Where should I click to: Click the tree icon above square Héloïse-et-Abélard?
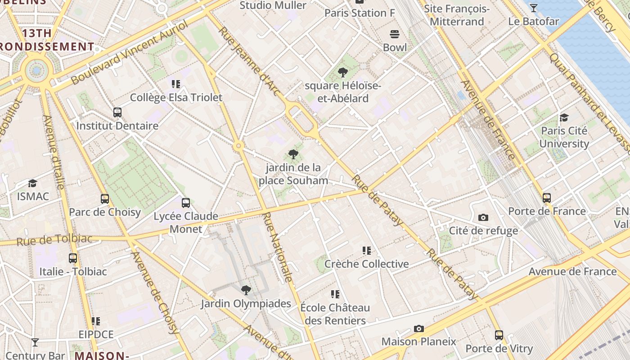point(343,72)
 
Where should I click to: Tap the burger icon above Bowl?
point(395,34)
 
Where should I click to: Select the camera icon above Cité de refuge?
point(483,218)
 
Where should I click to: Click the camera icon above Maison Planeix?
point(419,328)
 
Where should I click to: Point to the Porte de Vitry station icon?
point(499,335)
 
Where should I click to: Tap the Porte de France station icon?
point(547,198)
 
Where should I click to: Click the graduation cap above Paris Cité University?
point(564,118)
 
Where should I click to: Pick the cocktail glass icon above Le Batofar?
point(534,8)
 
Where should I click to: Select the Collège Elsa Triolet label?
point(176,98)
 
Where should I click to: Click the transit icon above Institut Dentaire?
point(117,112)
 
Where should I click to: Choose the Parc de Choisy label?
point(105,212)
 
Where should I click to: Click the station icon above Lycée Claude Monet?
point(186,203)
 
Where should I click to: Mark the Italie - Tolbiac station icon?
point(73,258)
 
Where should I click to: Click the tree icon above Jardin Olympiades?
point(246,290)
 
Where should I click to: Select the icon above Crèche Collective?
point(367,251)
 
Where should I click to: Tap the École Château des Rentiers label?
point(335,314)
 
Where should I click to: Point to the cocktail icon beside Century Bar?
point(35,342)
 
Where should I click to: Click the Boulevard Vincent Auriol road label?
point(129,53)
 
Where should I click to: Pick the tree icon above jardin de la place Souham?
point(293,154)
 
